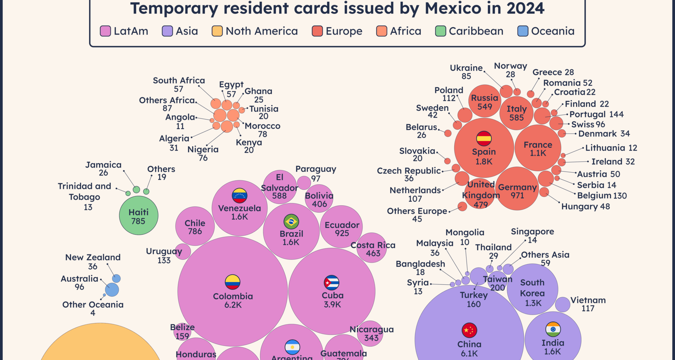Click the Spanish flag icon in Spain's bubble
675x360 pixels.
pos(484,138)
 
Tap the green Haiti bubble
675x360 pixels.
pos(139,216)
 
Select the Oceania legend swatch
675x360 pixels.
pos(523,31)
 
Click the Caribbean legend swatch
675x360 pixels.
pos(441,31)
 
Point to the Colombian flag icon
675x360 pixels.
pos(233,282)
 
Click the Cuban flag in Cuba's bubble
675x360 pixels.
pos(332,283)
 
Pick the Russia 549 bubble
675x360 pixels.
pos(484,101)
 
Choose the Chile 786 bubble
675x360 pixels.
pos(195,227)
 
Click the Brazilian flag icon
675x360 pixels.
pos(291,221)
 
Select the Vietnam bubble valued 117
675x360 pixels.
pos(562,304)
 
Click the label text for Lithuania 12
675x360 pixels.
pos(611,148)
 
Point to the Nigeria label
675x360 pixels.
pos(203,150)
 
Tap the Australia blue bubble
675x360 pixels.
pos(112,290)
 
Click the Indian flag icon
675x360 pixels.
pos(553,329)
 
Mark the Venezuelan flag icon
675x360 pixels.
pos(239,196)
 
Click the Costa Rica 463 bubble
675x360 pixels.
pos(373,248)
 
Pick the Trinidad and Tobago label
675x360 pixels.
pos(85,192)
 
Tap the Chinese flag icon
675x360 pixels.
pos(469,330)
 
